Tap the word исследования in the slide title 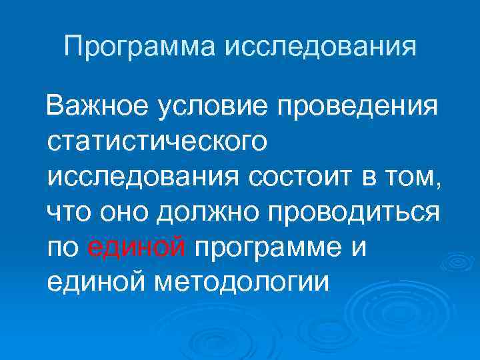click(x=323, y=47)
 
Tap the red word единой click(x=137, y=248)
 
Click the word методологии click(x=243, y=283)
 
